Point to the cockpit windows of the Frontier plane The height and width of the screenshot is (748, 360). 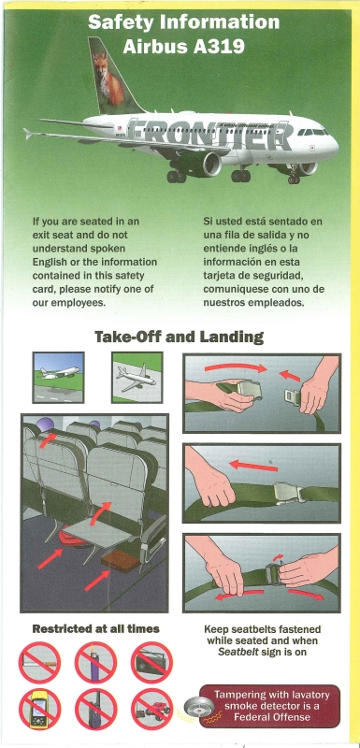[312, 132]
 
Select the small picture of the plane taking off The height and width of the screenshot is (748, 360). [58, 377]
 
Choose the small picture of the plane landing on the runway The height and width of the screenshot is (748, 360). [137, 377]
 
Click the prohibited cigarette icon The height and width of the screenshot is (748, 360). [39, 663]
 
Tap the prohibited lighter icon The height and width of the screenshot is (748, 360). [95, 663]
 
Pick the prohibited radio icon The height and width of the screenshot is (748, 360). [151, 663]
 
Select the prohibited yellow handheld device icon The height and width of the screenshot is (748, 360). [39, 709]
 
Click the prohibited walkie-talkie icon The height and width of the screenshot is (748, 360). [95, 709]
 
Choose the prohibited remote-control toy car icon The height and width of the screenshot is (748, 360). [151, 709]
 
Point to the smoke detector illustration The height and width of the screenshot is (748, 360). [199, 706]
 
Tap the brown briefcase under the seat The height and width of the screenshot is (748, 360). [121, 561]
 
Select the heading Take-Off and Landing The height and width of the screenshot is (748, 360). [179, 337]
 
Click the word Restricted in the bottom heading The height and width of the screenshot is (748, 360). [59, 628]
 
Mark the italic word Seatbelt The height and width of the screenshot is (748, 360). [238, 652]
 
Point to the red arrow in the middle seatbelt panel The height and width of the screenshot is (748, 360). [253, 465]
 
